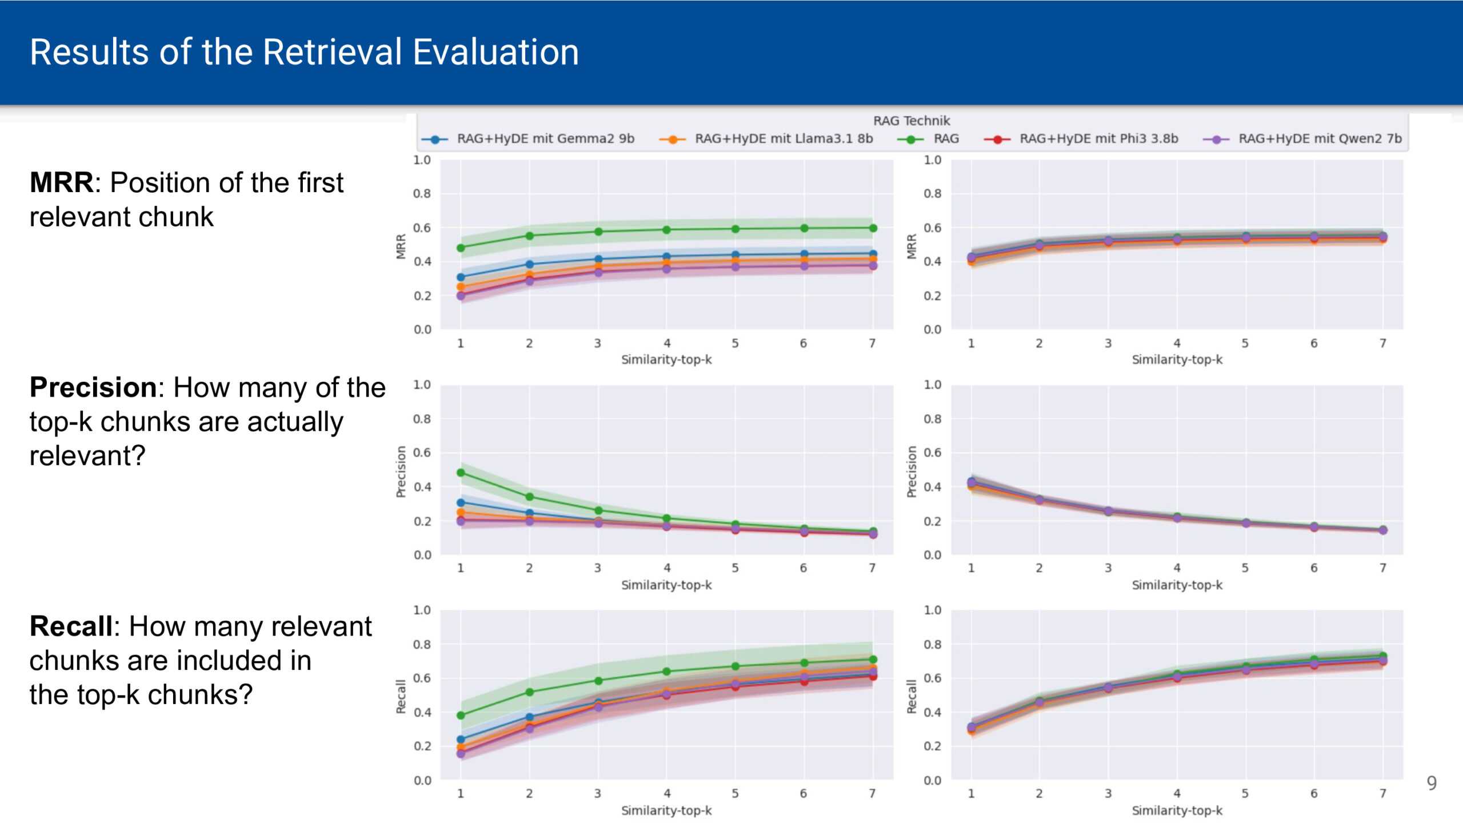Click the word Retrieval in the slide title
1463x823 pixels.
point(333,53)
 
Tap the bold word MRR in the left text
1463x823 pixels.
point(61,183)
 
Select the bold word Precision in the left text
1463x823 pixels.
point(93,387)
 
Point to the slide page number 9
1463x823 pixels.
point(1431,783)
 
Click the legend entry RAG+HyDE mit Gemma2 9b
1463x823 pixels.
point(545,139)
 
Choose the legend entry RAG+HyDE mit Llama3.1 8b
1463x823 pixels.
point(783,139)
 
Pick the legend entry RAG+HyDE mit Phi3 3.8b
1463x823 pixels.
point(1098,139)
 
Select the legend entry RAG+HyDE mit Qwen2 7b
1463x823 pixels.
point(1320,139)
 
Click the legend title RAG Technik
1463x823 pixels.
point(911,121)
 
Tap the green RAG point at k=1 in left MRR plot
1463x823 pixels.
point(461,248)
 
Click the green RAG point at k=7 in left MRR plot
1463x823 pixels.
point(873,228)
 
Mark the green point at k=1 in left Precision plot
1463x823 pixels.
point(461,473)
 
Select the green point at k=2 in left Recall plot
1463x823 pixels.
point(529,692)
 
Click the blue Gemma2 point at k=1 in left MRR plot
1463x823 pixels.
point(461,277)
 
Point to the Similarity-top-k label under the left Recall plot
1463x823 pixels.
point(666,810)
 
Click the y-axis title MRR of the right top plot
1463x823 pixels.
point(912,246)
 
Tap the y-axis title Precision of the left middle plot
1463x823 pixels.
point(401,472)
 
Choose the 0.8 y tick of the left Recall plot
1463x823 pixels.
point(422,644)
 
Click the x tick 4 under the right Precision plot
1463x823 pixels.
point(1177,568)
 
